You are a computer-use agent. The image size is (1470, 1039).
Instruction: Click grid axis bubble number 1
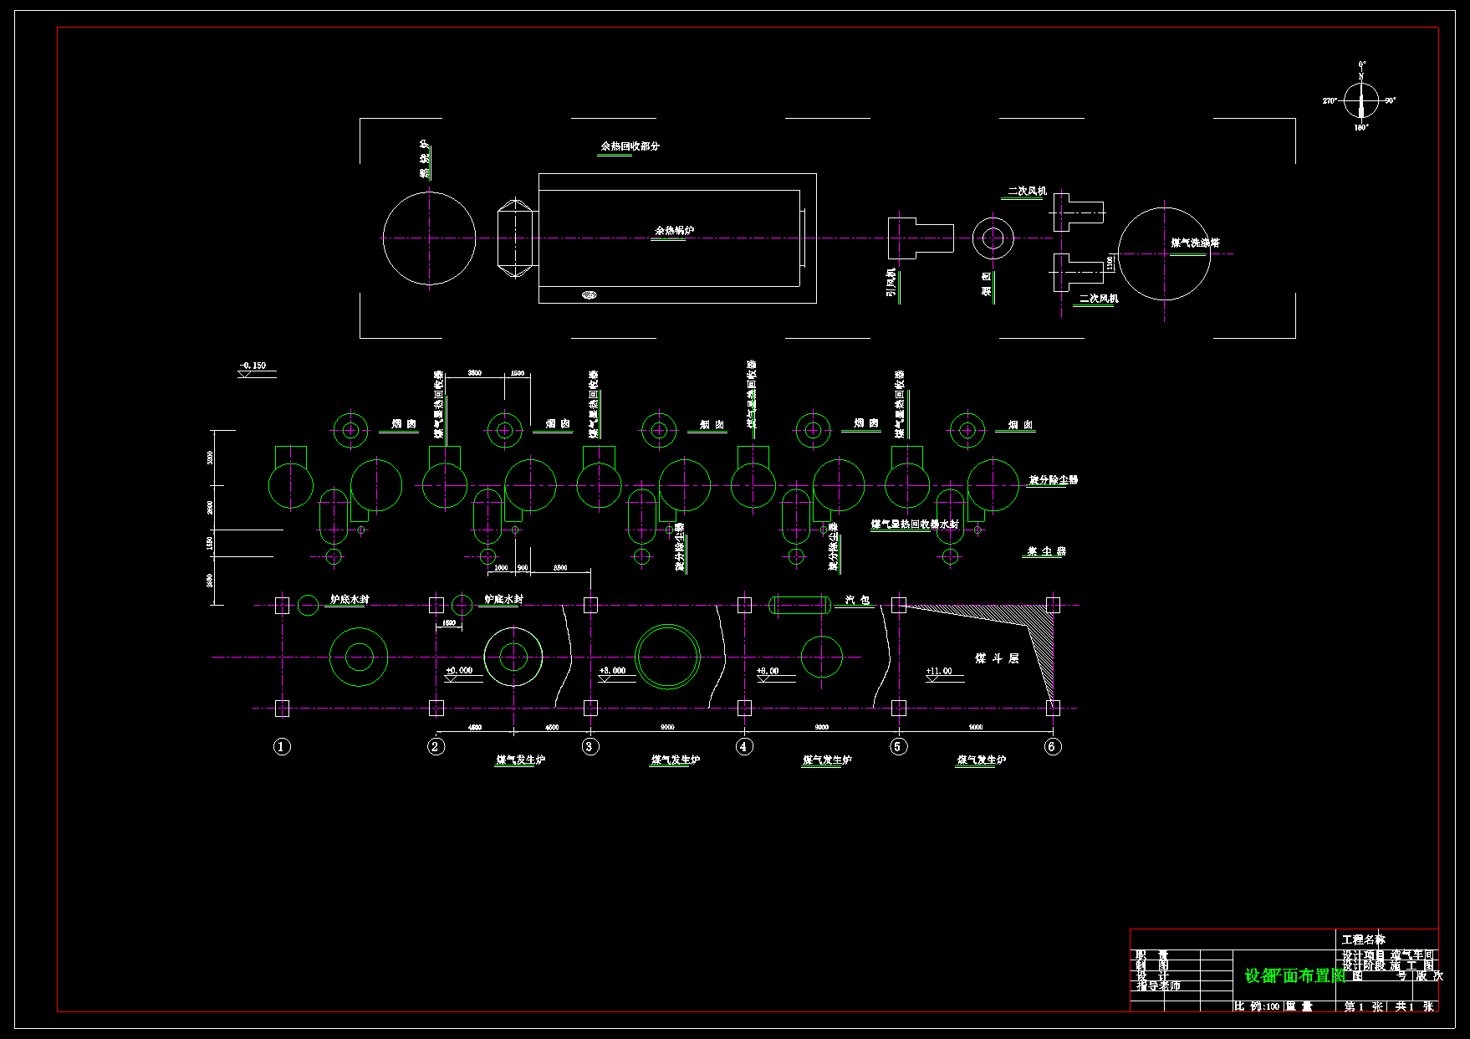[282, 746]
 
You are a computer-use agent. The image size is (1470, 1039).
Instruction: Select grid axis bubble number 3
[590, 746]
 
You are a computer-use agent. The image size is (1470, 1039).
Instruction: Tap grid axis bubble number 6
[1053, 746]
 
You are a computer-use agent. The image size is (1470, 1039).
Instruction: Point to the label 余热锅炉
[674, 230]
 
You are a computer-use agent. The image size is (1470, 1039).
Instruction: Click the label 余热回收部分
[630, 146]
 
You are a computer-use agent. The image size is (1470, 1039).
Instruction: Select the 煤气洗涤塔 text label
[1195, 243]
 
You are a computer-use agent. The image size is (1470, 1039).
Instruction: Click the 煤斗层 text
[997, 658]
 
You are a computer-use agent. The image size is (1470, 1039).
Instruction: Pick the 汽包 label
[857, 600]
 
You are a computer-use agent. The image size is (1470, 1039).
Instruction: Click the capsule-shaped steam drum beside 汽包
[799, 604]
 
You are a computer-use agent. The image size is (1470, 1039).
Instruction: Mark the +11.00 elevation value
[939, 671]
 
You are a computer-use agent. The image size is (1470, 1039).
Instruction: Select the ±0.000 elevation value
[459, 670]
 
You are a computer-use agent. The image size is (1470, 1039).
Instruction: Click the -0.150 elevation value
[253, 366]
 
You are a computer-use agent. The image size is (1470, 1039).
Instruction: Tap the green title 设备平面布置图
[1294, 975]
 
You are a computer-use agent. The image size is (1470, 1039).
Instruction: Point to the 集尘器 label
[1046, 551]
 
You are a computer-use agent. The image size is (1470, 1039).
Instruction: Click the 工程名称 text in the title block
[1363, 939]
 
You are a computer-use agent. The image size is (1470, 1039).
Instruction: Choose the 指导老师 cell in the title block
[1158, 986]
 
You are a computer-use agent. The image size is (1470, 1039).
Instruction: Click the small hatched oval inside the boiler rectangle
[590, 294]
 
